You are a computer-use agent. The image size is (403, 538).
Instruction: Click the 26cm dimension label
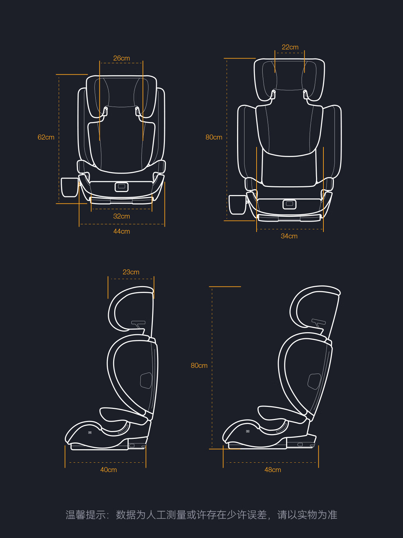point(122,58)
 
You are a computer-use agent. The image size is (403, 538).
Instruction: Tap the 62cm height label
point(46,137)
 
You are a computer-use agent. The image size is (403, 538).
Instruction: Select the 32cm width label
point(122,216)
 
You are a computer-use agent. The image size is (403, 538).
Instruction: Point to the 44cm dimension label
point(122,231)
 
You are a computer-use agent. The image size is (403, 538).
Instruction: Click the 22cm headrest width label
point(290,47)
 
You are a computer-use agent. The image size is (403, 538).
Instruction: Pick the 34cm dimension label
point(289,236)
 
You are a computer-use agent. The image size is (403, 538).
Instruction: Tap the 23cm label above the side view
point(131,272)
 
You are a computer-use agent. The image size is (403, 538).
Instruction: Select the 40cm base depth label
point(108,470)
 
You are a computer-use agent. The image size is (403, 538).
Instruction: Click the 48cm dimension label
point(273,470)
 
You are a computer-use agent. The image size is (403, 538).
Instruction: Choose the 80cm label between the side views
point(199,366)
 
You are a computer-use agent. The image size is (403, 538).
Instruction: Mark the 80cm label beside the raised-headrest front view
point(214,137)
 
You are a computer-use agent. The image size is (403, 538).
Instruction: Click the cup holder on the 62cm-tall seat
point(70,187)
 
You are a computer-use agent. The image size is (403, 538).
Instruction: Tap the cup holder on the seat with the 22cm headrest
point(237,204)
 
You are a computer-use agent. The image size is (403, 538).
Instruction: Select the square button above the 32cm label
point(122,187)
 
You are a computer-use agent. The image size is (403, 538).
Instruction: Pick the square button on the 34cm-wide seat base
point(289,204)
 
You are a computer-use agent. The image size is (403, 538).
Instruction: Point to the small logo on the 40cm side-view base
point(90,432)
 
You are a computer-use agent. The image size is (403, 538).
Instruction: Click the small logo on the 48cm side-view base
point(248,431)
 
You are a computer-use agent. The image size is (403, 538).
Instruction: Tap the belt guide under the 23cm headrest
point(138,323)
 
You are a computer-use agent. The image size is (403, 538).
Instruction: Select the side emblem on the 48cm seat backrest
point(314,381)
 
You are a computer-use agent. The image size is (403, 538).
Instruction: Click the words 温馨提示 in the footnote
point(86,515)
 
